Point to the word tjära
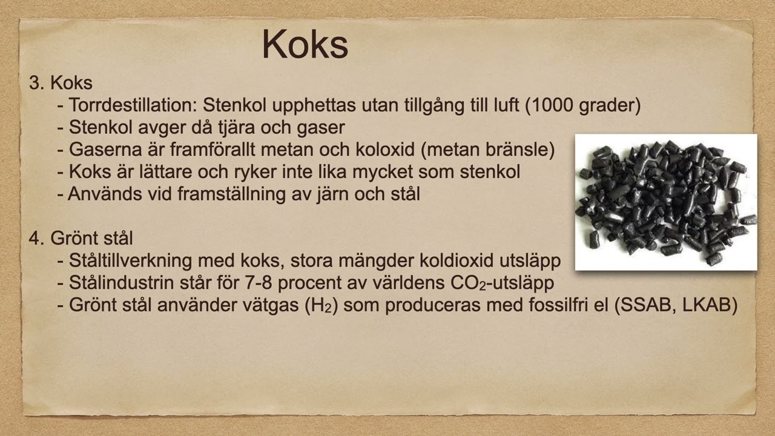coord(249,128)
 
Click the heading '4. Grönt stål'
coord(81,238)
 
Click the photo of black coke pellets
coord(665,202)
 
